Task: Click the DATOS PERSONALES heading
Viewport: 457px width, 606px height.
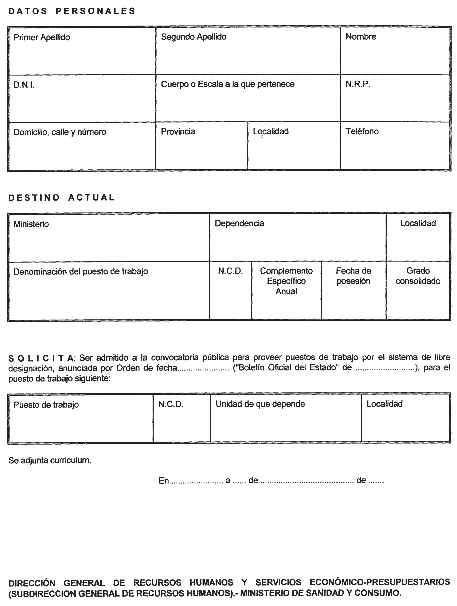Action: [72, 11]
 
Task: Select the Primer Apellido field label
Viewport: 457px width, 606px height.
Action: [42, 37]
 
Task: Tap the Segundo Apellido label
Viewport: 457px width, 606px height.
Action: [194, 37]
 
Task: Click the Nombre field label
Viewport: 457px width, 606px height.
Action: [361, 37]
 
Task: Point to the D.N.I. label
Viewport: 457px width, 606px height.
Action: [24, 85]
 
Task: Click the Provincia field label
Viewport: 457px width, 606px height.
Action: [178, 131]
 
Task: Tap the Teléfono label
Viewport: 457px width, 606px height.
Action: [362, 131]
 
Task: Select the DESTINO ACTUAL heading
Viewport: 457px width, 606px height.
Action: [62, 197]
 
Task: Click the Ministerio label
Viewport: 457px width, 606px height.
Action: [31, 224]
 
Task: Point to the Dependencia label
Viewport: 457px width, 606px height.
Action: [239, 223]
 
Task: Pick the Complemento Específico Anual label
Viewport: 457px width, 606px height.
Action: [286, 281]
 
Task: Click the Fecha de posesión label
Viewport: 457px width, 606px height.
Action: [353, 276]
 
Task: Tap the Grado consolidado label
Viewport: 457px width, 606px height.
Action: [418, 276]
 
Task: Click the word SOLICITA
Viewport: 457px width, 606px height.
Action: [41, 358]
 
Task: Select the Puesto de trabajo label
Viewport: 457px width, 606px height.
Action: [46, 405]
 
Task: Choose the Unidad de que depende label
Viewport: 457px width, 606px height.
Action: [260, 404]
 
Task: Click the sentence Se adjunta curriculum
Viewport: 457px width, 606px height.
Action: [50, 460]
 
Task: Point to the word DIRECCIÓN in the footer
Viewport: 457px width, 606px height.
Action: [32, 583]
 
